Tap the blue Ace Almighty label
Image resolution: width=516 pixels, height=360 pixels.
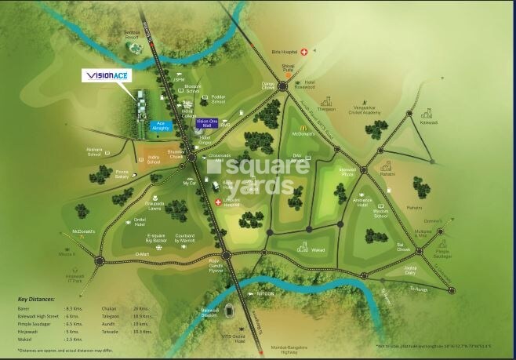coord(159,125)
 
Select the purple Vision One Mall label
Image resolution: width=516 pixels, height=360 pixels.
coord(205,123)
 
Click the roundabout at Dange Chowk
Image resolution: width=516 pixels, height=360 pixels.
coord(282,87)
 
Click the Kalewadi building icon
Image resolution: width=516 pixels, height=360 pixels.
coord(428,113)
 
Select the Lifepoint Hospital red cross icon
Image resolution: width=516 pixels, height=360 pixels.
coord(218,202)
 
